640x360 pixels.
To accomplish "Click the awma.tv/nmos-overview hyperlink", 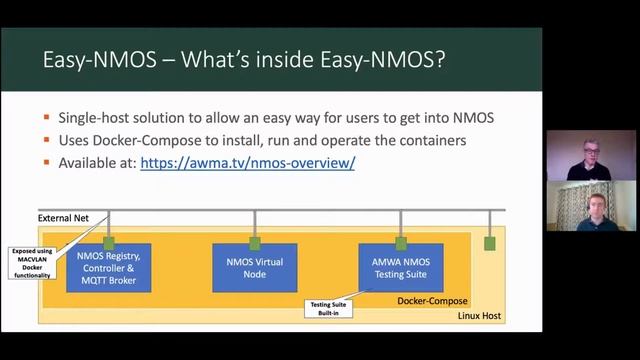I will click(x=247, y=162).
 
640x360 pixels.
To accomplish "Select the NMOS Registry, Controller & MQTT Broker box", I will click(x=108, y=268).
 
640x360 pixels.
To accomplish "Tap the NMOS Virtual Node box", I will click(x=254, y=267).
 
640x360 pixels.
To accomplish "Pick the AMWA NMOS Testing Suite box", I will click(x=400, y=267).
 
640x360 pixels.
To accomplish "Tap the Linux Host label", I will click(x=479, y=316).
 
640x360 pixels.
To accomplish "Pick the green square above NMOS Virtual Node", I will click(x=255, y=243).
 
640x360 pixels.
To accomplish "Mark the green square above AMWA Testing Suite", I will click(x=401, y=243).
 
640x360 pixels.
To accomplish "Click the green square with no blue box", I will click(x=489, y=243).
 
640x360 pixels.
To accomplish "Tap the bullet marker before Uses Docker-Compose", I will click(x=47, y=141).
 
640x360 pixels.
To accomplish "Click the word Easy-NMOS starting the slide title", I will click(x=95, y=60).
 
